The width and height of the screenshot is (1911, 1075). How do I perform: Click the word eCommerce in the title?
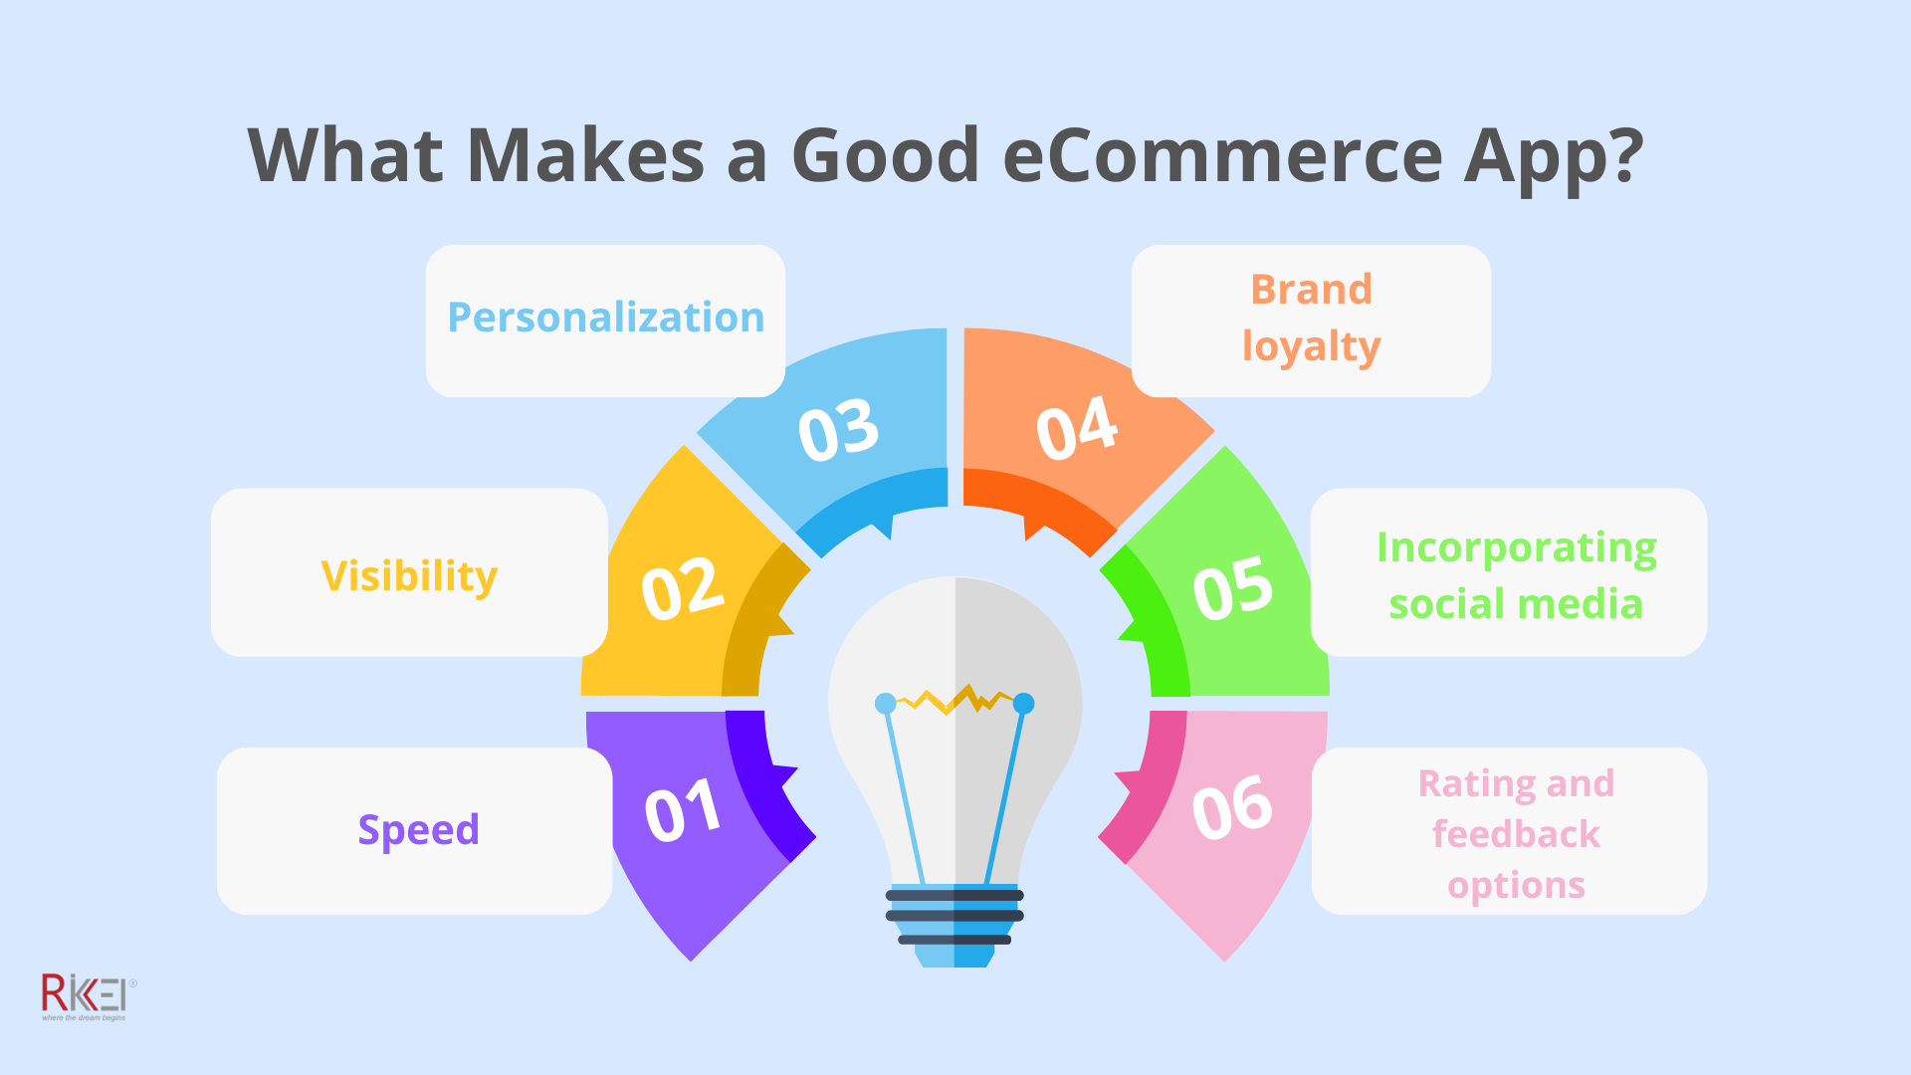point(1222,156)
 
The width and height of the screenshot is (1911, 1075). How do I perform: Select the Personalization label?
point(605,318)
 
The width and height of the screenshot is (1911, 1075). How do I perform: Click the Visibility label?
point(409,576)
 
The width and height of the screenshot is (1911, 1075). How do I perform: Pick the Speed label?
point(418,830)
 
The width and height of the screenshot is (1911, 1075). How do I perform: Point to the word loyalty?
point(1311,347)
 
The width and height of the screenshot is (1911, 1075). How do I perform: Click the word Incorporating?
point(1516,548)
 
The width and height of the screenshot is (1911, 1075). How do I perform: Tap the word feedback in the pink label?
point(1515,834)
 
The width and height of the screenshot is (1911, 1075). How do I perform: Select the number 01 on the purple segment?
point(682,811)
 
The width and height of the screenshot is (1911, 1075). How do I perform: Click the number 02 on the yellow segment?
point(682,589)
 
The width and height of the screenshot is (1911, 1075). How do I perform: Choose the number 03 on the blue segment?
point(838,431)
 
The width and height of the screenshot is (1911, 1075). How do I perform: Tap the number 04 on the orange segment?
point(1076,429)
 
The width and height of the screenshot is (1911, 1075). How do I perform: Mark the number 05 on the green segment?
point(1232,588)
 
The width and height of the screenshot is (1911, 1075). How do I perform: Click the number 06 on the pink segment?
point(1231,807)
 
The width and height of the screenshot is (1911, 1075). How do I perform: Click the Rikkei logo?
point(86,995)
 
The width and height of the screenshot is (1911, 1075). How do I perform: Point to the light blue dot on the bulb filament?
point(885,704)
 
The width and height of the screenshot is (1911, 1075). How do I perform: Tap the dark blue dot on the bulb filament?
point(1023,704)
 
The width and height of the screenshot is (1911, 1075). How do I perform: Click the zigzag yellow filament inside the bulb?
point(954,700)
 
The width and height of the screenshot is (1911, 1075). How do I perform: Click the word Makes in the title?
point(585,156)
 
